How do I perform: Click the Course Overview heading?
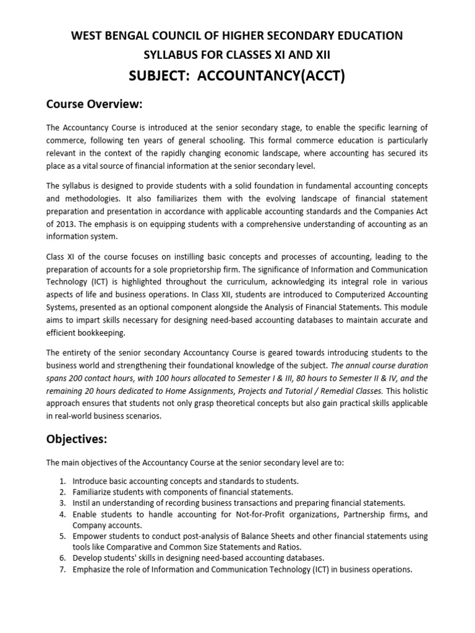(95, 103)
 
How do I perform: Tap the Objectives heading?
(77, 440)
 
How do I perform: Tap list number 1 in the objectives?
(63, 480)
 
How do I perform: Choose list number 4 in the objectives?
(63, 514)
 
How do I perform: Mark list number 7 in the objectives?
(63, 569)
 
